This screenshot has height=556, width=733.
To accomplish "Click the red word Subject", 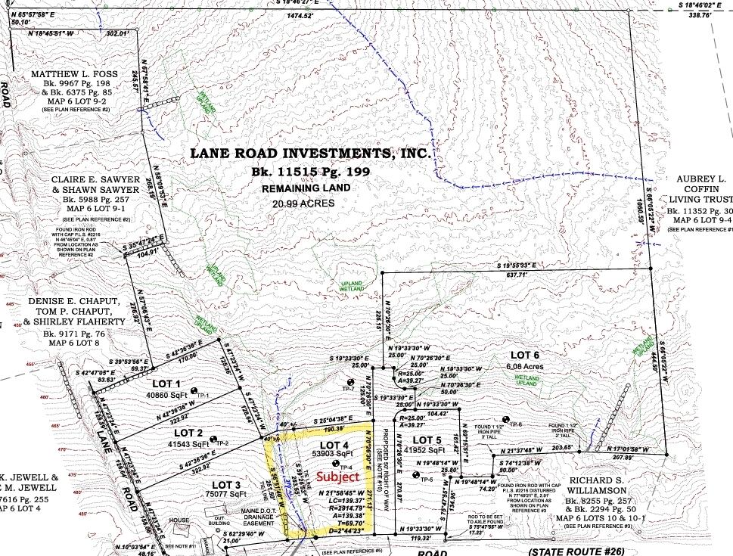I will pos(337,477).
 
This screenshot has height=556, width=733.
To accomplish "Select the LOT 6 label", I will pos(524,355).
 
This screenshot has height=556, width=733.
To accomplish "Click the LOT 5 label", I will pos(427,440).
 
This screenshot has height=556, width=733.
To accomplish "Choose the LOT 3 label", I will pos(205,484).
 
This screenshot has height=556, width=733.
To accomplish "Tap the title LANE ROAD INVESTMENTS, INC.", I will pos(310,153).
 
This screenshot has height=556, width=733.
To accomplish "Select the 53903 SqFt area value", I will pos(332,454).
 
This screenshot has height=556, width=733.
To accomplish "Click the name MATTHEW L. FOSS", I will pos(70,74).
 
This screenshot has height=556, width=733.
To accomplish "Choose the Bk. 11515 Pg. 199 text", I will pos(310,172).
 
